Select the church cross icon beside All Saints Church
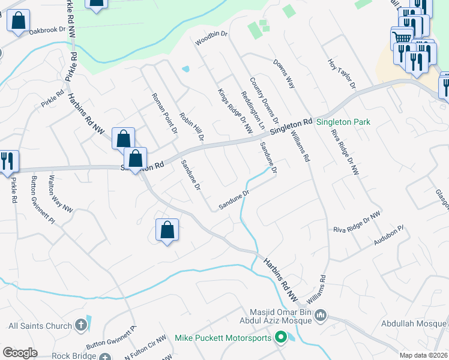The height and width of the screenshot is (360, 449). pos(81,326)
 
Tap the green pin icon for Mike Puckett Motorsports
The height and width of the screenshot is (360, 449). pos(280,338)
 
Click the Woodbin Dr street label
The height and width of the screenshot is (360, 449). pos(212,39)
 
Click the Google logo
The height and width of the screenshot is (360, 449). pos(20,353)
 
